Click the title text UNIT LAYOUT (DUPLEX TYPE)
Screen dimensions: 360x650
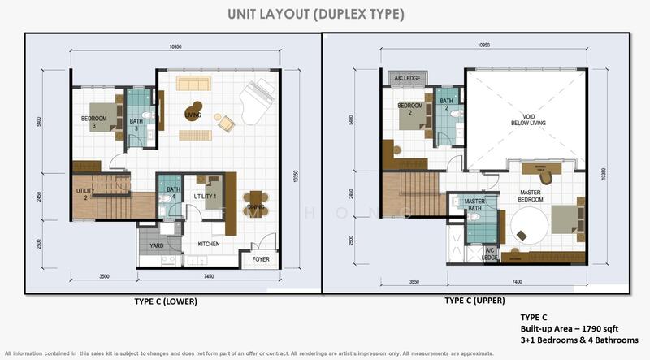tap(325, 14)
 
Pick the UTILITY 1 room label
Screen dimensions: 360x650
tap(204, 197)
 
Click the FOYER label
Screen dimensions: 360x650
tap(260, 259)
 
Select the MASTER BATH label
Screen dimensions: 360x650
tap(474, 205)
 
